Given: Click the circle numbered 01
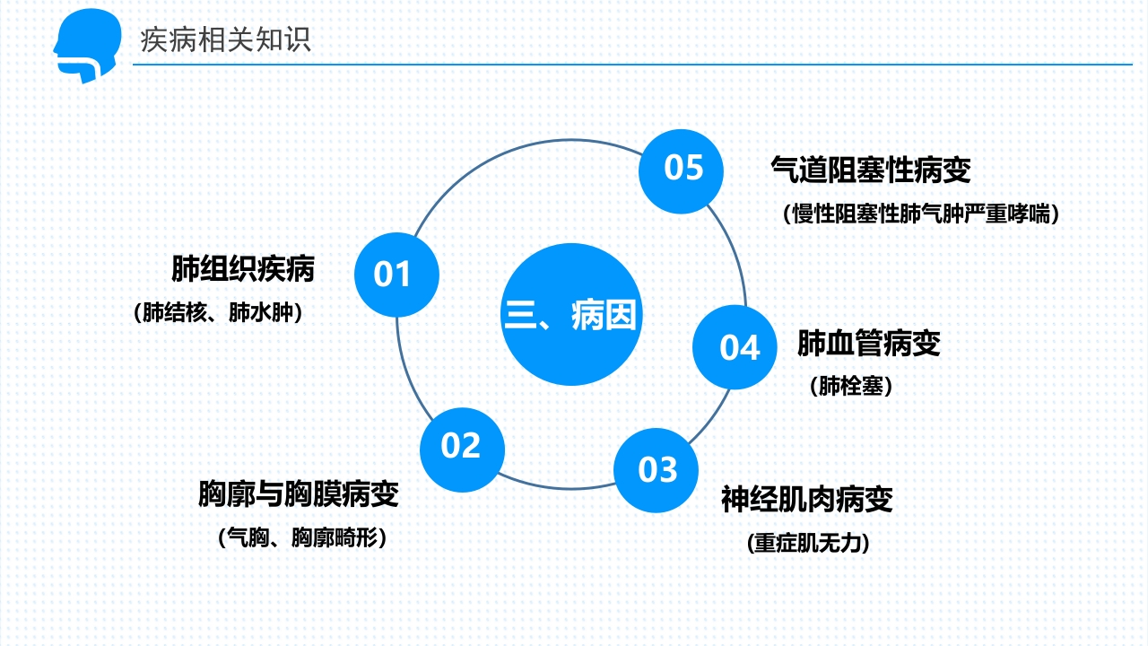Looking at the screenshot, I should pos(396,275).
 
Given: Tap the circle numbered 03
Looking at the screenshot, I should pos(657,470).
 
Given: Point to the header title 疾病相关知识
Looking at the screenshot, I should pos(226,40).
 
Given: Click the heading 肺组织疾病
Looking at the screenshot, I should pos(243,268).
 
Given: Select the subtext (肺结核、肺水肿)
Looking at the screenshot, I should pos(217,313).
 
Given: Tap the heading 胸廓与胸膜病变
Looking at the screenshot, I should pos(299,493).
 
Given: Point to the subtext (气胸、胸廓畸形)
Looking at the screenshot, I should pos(302,537).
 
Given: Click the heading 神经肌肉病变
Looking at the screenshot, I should pos(807,499).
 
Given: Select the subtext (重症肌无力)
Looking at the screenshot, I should pos(807,543).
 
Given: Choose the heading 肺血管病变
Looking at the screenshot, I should pos(868,343).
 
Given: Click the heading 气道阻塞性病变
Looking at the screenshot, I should pos(871,169).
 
